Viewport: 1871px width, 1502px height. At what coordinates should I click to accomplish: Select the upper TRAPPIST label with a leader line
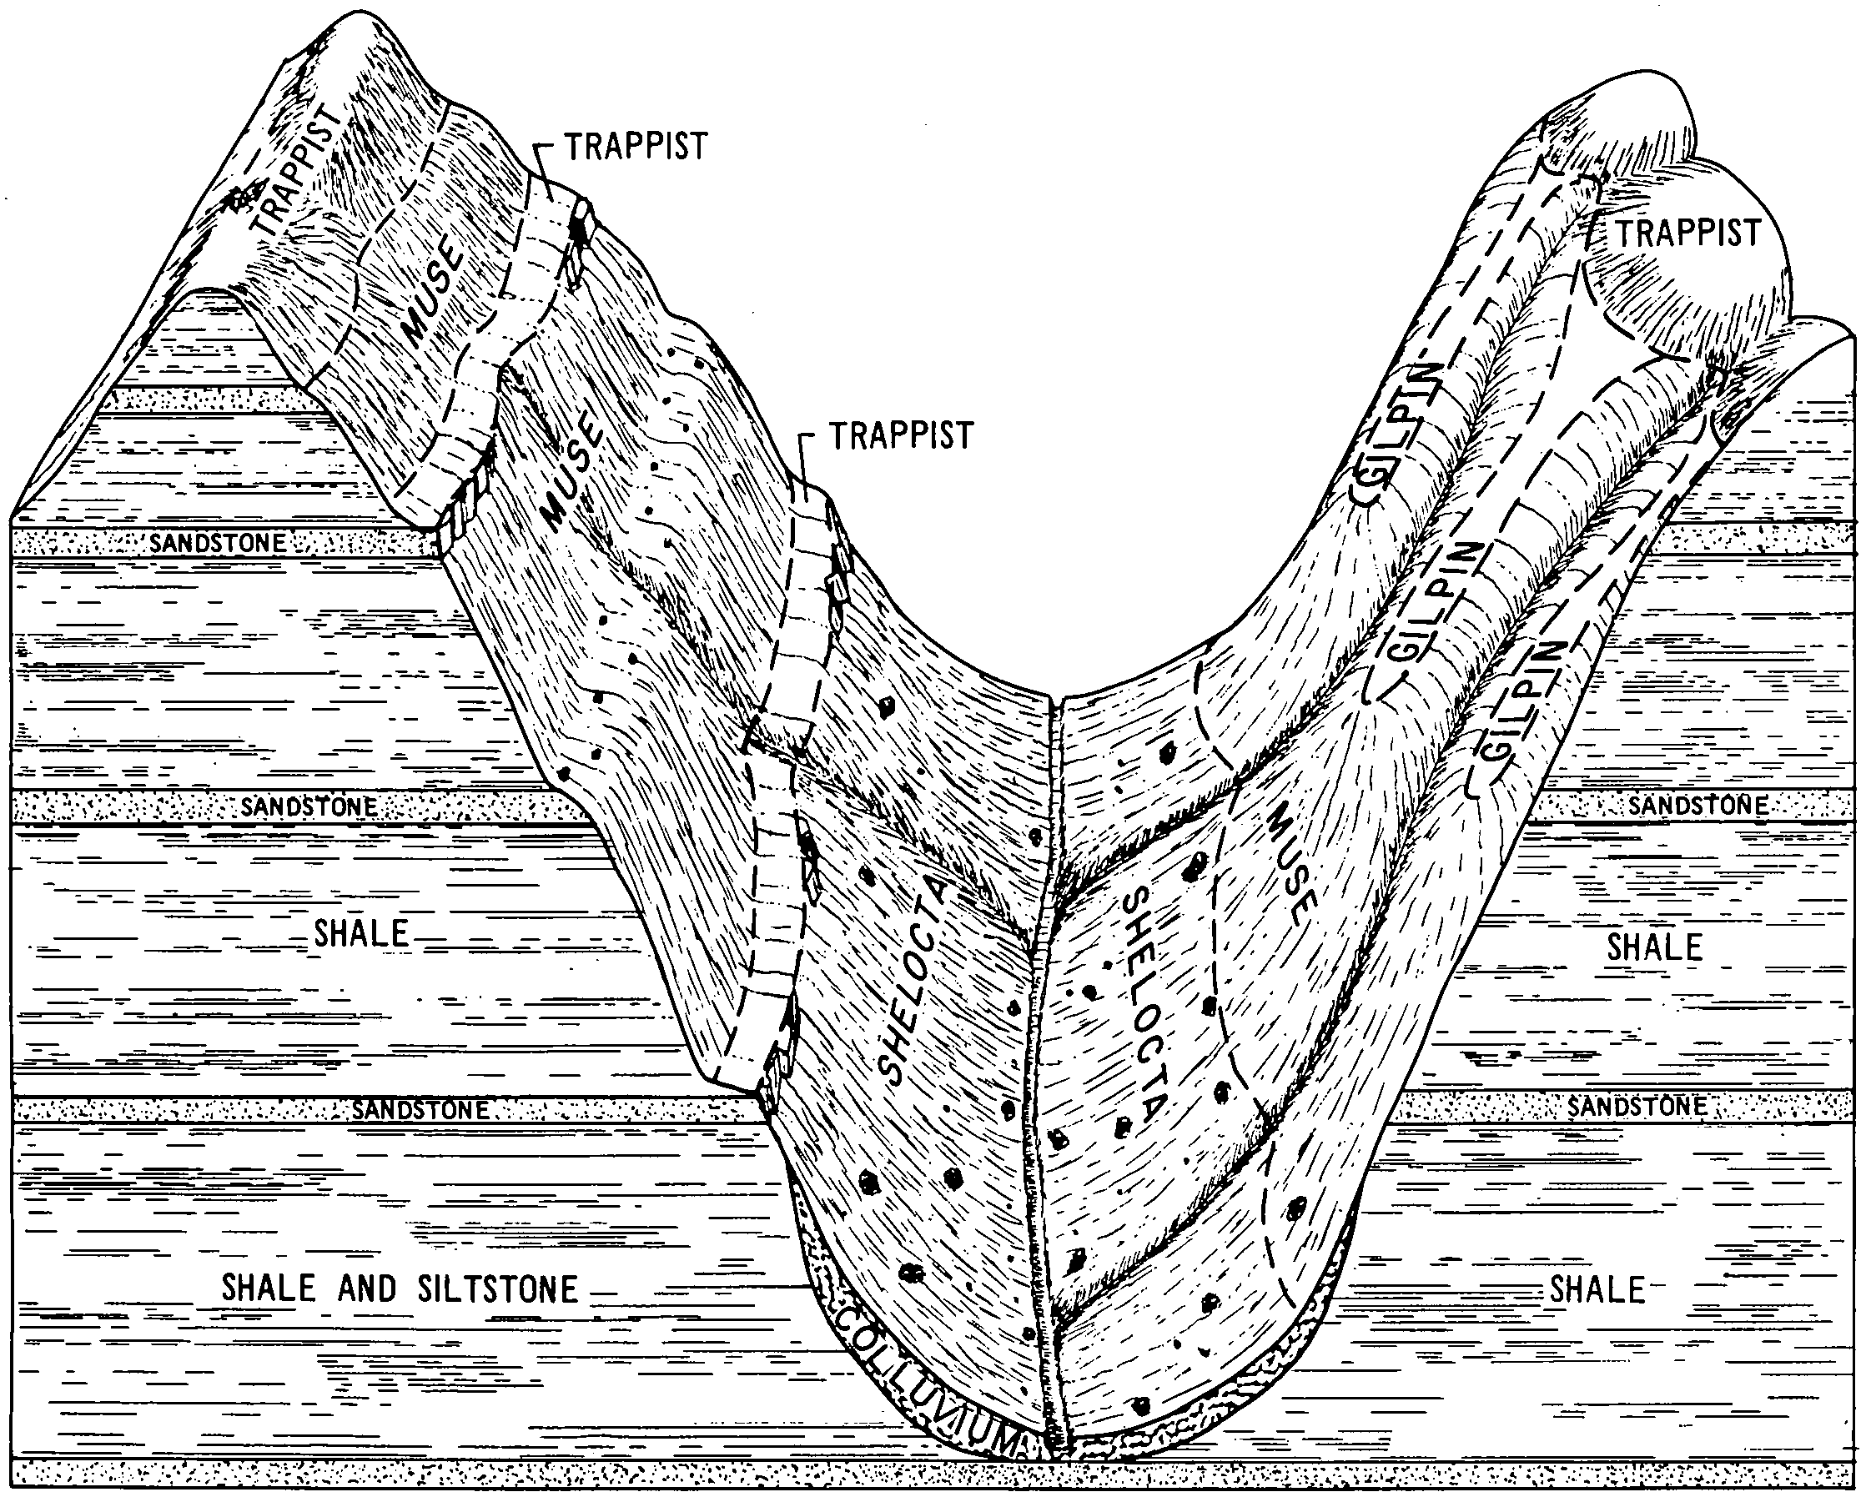coord(636,147)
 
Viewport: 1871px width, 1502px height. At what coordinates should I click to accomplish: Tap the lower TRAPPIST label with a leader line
coord(902,435)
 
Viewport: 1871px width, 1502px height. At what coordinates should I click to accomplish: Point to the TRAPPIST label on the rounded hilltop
coord(1687,233)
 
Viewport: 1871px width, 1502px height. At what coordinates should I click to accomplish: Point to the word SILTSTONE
coord(497,1289)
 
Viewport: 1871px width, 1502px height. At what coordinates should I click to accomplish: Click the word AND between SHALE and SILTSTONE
coord(366,1289)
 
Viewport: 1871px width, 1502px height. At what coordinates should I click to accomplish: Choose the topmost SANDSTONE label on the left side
coord(218,544)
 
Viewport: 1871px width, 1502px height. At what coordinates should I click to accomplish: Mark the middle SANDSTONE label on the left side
coord(309,807)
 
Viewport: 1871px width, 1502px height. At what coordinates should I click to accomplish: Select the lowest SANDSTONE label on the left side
coord(420,1110)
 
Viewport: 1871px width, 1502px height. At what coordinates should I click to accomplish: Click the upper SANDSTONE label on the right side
coord(1698,806)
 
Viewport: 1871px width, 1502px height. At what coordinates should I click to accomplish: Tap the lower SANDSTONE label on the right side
coord(1637,1107)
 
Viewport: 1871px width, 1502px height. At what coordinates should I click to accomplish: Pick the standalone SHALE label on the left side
coord(361,934)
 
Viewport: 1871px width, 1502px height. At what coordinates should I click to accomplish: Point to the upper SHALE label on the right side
coord(1655,947)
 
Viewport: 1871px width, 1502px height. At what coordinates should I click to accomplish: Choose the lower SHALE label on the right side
coord(1597,1290)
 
